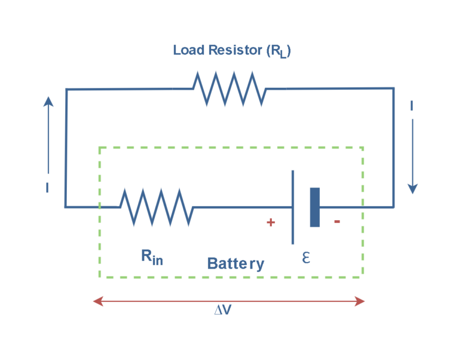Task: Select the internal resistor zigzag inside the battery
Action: coord(156,207)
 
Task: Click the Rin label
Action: coord(152,257)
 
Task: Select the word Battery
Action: coord(235,263)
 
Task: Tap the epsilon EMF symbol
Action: coord(306,257)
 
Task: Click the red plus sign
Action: coord(271,222)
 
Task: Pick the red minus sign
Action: coord(337,222)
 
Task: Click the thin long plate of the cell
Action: coord(293,207)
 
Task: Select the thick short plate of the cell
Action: coord(315,207)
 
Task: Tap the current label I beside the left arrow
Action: coord(47,188)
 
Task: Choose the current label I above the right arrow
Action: coord(412,106)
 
